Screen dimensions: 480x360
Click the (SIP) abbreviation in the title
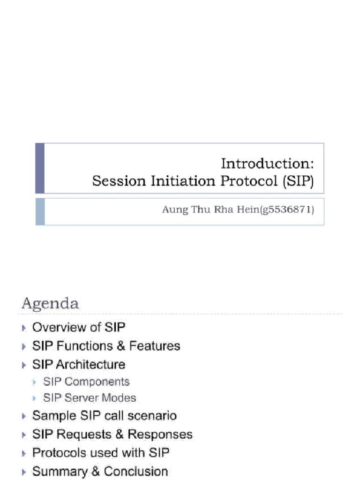pyautogui.click(x=298, y=181)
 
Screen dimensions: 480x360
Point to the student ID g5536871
pyautogui.click(x=289, y=210)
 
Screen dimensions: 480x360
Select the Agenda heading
pyautogui.click(x=50, y=303)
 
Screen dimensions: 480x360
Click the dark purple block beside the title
pyautogui.click(x=40, y=168)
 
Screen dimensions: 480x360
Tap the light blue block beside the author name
pyautogui.click(x=40, y=211)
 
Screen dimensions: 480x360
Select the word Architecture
pyautogui.click(x=90, y=364)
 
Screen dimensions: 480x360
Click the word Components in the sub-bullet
pyautogui.click(x=98, y=382)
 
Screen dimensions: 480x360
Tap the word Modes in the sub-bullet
pyautogui.click(x=120, y=398)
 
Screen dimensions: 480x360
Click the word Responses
pyautogui.click(x=160, y=435)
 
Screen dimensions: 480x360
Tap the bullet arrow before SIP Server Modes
pyautogui.click(x=35, y=398)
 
